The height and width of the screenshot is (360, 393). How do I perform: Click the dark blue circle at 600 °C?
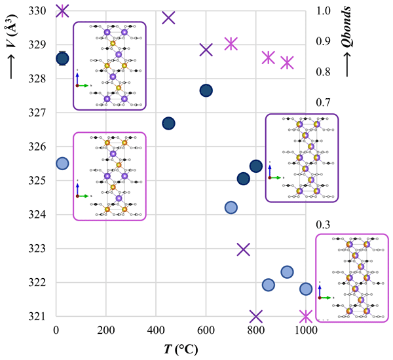(206, 90)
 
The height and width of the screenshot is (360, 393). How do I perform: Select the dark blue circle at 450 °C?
(168, 123)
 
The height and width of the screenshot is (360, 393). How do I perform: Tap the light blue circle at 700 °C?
(231, 207)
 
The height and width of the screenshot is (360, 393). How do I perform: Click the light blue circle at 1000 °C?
(306, 289)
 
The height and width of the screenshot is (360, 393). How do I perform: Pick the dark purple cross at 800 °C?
(256, 316)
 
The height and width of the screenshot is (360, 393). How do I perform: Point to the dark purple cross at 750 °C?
(244, 249)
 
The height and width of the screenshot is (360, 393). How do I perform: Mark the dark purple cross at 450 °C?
(168, 18)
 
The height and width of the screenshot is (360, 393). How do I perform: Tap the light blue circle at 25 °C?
(62, 163)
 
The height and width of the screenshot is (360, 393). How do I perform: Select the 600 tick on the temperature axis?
(206, 330)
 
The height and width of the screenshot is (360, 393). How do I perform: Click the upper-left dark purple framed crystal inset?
(109, 65)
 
